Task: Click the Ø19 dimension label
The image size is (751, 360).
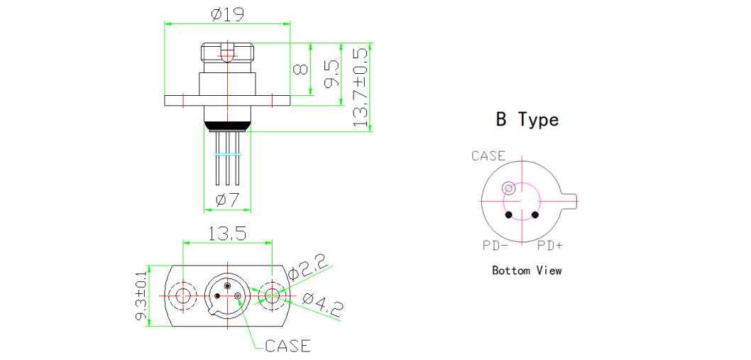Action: tap(226, 14)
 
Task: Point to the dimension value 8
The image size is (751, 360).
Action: tap(300, 70)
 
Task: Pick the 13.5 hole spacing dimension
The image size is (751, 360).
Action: tap(228, 234)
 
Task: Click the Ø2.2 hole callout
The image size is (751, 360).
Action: tap(309, 269)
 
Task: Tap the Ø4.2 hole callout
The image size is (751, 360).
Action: tap(322, 305)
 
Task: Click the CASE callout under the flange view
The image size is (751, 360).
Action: tap(287, 346)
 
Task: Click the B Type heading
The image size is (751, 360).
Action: tap(527, 120)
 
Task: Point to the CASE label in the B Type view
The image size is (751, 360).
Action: tap(488, 156)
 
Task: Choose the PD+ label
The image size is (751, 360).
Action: tap(551, 246)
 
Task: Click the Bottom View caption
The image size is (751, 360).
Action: tap(527, 271)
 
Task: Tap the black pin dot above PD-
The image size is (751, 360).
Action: tap(508, 215)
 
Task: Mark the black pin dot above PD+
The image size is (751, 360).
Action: tap(535, 215)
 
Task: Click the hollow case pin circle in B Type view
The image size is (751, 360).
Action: tap(508, 188)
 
